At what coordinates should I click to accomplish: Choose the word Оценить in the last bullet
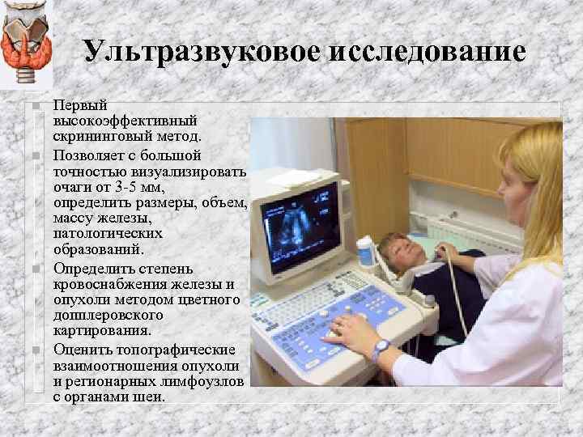83,349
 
